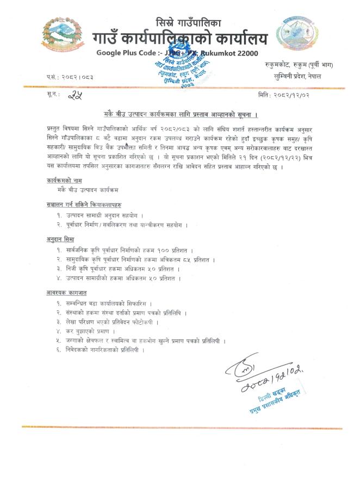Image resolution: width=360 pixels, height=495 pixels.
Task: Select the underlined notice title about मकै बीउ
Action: (x=180, y=115)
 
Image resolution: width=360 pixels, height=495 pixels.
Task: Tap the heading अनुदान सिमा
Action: (x=61, y=238)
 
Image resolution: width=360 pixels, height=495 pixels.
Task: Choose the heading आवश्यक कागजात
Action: (x=67, y=292)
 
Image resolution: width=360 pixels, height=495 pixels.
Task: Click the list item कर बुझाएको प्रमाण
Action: (x=89, y=331)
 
